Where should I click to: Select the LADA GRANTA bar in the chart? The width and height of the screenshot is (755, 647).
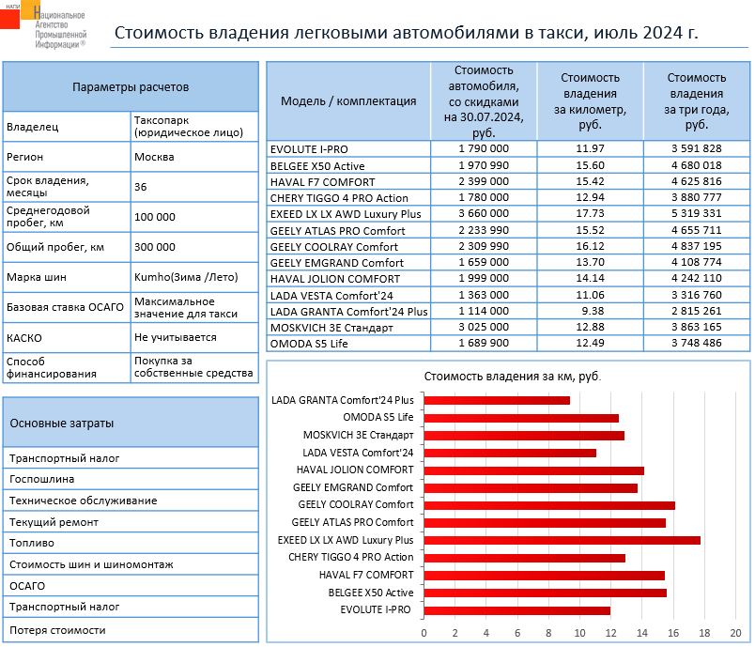point(497,400)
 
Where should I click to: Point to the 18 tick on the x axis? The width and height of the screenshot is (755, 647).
point(705,631)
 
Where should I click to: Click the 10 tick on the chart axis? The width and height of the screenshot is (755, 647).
point(580,631)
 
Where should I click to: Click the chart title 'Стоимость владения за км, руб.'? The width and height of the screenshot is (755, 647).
point(512,376)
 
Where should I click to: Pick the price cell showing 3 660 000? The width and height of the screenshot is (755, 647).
point(484,214)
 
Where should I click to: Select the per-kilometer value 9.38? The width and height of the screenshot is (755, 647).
point(590,311)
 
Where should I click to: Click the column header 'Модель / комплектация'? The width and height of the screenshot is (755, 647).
point(348,101)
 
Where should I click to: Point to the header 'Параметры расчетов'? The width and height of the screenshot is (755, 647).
point(131,87)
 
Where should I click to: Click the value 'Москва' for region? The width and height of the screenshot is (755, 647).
point(154,157)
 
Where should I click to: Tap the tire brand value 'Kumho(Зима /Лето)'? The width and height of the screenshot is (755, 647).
point(187,277)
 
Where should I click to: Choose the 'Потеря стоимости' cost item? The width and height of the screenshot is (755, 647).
point(57,630)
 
